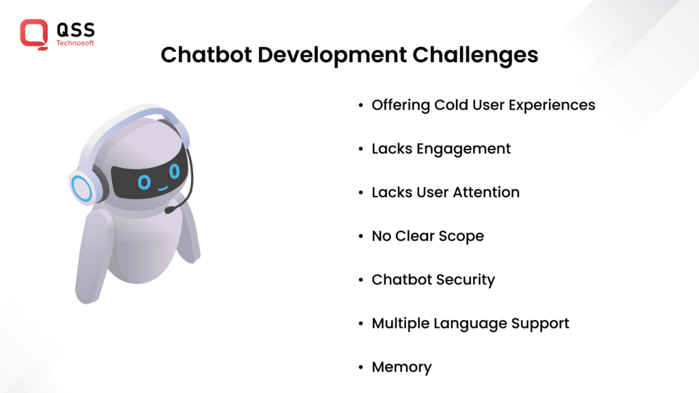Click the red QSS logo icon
pos(34,34)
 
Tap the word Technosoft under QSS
pos(75,43)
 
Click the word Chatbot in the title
pos(206,55)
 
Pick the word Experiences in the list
pos(552,106)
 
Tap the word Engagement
pos(463,149)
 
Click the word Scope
pos(461,237)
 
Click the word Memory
pos(401,368)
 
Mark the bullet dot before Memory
pos(360,367)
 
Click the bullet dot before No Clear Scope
pos(360,236)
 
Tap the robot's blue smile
pos(162,188)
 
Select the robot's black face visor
pos(149,177)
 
